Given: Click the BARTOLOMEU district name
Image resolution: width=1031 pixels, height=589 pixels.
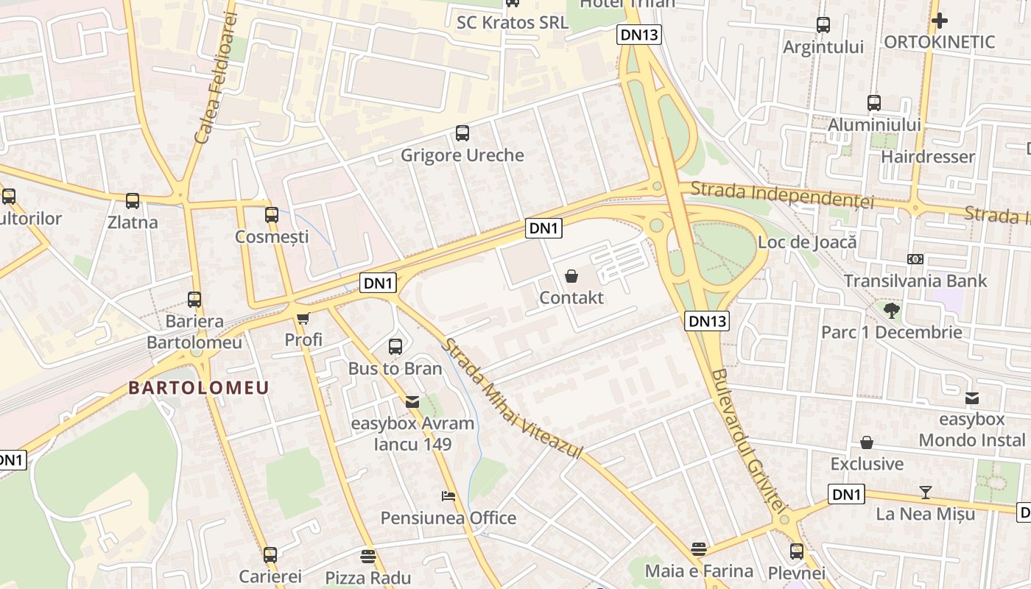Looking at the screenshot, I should pos(199,388).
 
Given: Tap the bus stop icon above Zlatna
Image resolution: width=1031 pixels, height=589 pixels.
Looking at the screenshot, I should pos(133,200).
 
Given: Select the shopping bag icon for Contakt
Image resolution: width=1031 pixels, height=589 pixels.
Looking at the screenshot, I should pos(571,276).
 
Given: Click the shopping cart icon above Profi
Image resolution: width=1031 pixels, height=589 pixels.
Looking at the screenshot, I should pos(303,318).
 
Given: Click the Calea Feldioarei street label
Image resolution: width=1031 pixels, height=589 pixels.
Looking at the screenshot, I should pos(216,77).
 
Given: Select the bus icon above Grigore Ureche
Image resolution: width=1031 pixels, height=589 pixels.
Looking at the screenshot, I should pos(462,133).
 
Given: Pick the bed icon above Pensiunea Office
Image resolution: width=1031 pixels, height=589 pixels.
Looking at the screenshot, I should pos(448,495).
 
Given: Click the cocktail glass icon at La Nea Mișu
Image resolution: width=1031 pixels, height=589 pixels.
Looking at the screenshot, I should pos(926,492).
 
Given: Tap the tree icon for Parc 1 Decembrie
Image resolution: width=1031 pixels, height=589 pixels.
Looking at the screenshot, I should pos(892,310).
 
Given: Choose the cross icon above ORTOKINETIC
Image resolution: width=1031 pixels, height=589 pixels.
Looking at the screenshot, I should pos(939,21).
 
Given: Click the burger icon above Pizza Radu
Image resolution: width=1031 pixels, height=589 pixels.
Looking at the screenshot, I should pos(368,555).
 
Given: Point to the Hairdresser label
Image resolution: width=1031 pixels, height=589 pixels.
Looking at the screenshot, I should pos(928,156).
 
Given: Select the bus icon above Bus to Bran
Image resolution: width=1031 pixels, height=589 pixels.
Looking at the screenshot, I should pos(395,346).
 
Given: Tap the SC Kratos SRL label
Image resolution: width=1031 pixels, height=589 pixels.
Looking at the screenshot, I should pos(513,22).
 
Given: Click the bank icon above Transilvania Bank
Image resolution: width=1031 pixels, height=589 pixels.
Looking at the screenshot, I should pos(915,259).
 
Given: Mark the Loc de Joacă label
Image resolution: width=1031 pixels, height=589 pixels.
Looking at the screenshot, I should pos(807,241).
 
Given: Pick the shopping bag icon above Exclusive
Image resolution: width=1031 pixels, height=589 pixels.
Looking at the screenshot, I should pos(867,442).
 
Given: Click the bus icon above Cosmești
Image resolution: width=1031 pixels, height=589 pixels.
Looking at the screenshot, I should pos(272,215).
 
